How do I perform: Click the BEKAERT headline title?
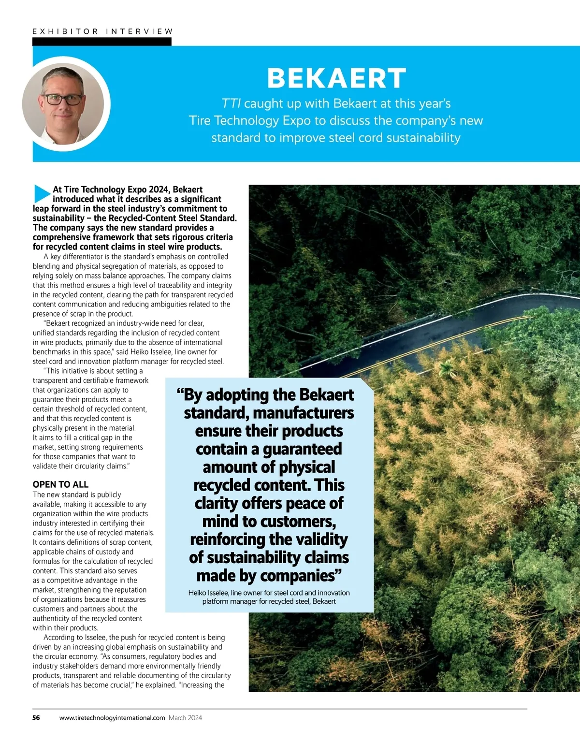coord(336,78)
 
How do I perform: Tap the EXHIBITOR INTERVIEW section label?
coord(102,31)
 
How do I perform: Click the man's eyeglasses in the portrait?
coord(63,100)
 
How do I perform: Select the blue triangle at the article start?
coord(42,193)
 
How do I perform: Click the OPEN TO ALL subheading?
coord(60,484)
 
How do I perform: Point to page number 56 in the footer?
coord(36,718)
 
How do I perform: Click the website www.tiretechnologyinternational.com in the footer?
coord(112,718)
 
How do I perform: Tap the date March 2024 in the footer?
coord(185,718)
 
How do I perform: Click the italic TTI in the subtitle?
coord(231,103)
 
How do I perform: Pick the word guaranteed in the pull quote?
coord(302,449)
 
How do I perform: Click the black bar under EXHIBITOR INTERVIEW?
coord(101,42)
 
